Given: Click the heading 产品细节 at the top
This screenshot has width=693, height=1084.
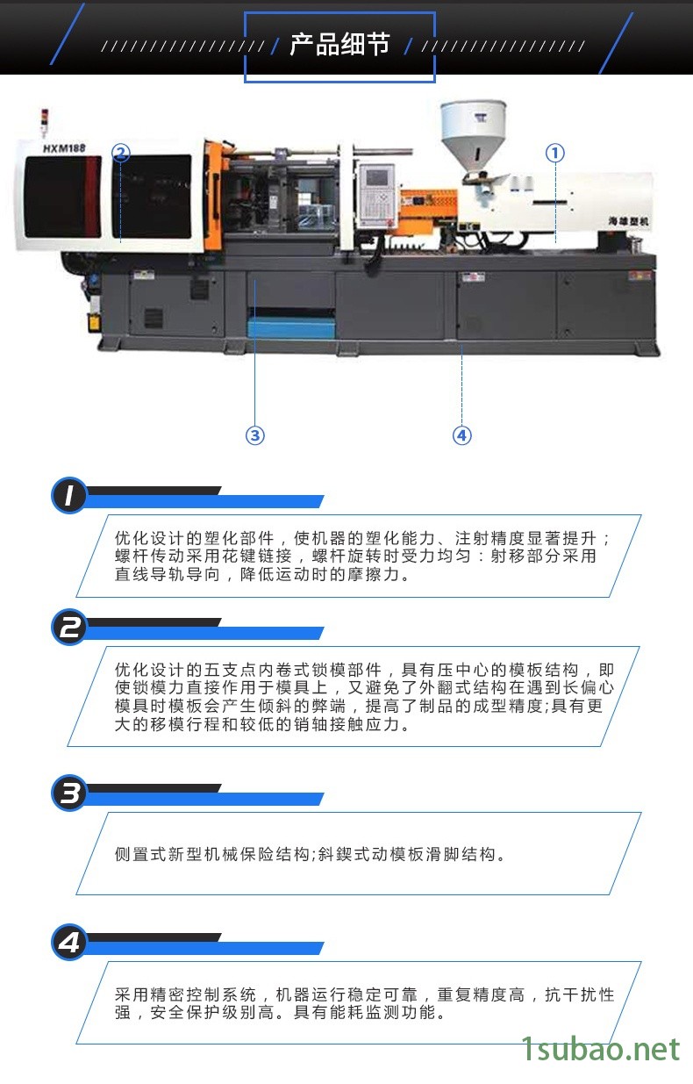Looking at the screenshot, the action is (x=339, y=45).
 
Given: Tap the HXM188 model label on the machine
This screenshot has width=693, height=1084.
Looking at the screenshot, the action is (x=64, y=148).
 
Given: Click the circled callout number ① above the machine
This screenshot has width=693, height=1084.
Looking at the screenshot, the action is (x=554, y=154).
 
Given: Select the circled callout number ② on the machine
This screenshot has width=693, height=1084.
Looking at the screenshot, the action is (x=121, y=153).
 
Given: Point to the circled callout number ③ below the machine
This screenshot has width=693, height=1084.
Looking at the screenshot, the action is (x=255, y=435).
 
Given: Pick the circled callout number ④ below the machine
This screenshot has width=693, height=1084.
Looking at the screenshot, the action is (x=461, y=435).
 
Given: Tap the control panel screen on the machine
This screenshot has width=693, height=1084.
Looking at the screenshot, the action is (x=379, y=176).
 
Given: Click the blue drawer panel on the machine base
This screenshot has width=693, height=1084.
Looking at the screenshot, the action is (x=291, y=327).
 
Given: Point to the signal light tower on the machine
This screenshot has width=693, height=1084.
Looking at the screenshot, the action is (x=45, y=122).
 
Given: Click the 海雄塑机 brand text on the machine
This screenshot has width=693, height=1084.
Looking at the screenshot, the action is (x=628, y=221).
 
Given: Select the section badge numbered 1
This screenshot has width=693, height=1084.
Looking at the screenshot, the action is (x=69, y=495).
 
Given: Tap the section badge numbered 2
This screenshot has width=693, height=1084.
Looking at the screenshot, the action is (x=69, y=628).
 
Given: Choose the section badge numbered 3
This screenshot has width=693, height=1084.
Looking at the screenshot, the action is (x=69, y=793).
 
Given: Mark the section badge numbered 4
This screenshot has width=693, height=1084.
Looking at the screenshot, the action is (x=69, y=942).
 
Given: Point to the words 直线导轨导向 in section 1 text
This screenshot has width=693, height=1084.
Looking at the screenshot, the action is (x=168, y=574).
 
